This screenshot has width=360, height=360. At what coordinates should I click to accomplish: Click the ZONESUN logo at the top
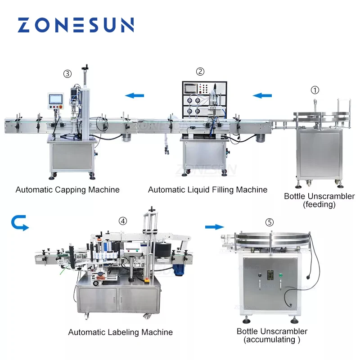76,25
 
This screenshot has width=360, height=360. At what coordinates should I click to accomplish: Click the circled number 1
315,90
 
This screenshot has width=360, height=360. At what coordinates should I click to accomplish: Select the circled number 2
200,71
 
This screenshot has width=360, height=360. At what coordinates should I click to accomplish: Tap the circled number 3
67,73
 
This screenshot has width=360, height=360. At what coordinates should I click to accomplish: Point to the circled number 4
123,221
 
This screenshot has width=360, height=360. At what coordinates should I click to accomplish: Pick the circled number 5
269,222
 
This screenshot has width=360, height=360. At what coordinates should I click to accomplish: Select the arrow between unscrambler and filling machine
262,95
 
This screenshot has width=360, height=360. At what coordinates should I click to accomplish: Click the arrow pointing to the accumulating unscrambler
214,226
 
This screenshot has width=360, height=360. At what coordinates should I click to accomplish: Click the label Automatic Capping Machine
67,189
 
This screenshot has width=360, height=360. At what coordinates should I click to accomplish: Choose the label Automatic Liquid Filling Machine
207,190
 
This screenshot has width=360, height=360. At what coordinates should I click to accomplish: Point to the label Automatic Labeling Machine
120,332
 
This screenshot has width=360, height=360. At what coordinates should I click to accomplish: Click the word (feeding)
319,205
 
